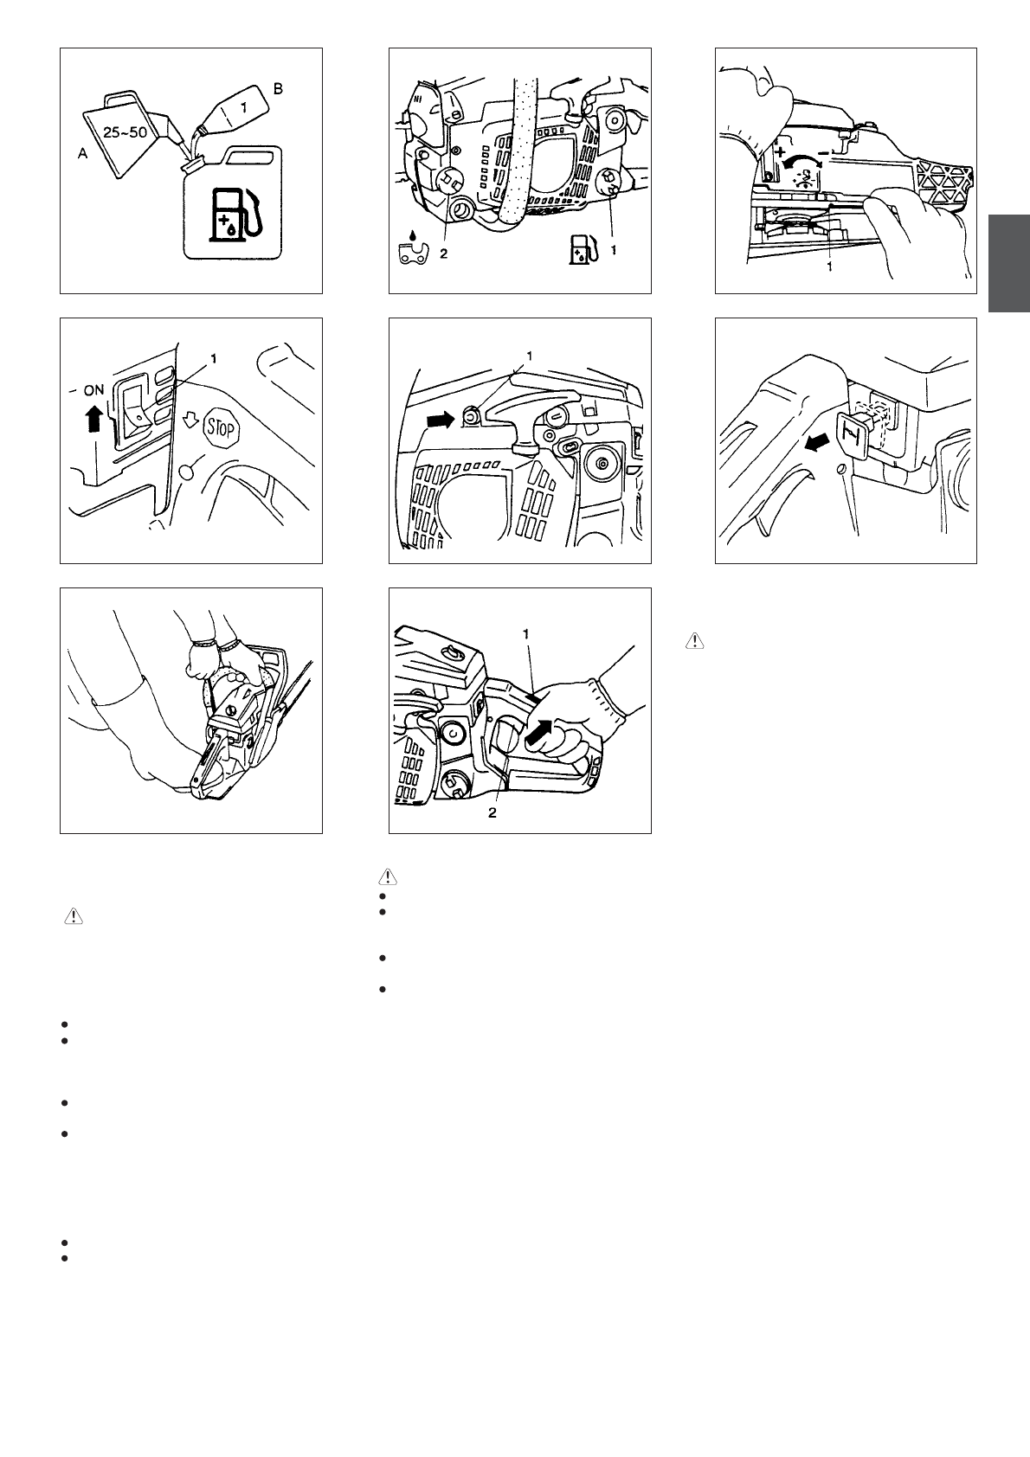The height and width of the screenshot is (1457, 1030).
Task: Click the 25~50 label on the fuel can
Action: pos(125,132)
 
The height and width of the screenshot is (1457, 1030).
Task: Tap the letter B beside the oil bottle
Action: pos(278,89)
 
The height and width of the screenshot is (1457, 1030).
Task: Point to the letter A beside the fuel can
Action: pos(82,154)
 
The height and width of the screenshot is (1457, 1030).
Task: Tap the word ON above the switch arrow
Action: pos(93,390)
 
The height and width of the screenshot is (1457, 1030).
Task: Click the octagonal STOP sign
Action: pos(222,428)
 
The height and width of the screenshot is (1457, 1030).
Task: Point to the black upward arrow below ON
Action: pos(94,418)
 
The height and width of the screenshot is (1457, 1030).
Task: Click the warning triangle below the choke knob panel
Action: pos(695,641)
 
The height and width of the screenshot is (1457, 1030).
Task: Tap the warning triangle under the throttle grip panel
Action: pos(388,876)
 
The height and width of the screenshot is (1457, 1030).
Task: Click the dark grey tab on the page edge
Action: pos(1009,263)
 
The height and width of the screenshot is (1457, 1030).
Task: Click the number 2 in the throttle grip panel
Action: pos(492,812)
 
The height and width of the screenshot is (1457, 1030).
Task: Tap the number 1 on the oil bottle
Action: pos(243,107)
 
